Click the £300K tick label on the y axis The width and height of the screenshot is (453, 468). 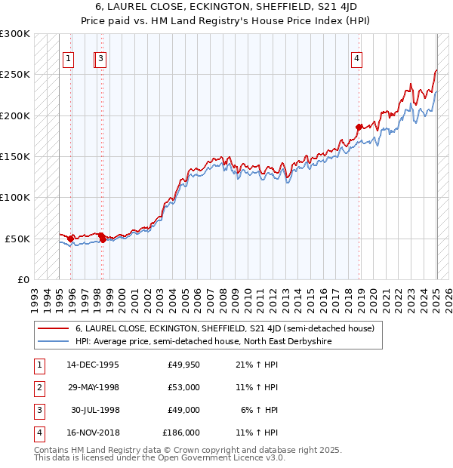coord(15,34)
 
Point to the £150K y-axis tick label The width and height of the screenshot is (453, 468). coord(15,156)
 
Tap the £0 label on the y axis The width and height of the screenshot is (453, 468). coord(23,279)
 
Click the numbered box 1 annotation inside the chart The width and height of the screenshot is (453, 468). coord(69,60)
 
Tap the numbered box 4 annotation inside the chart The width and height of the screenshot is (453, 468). coord(356,60)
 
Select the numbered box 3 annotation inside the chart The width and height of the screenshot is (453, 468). coord(100,60)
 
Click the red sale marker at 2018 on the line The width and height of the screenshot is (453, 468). coord(359,127)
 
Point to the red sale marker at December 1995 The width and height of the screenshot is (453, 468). coord(71,239)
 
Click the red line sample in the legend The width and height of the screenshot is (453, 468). coord(52,328)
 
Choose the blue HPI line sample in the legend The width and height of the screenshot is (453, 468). coord(52,341)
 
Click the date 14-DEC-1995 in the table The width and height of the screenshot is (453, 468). coord(93,365)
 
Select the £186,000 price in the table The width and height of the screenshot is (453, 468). coord(181,433)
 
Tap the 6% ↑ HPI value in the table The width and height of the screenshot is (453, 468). coord(260,410)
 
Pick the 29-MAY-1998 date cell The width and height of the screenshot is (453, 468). coord(93,387)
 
